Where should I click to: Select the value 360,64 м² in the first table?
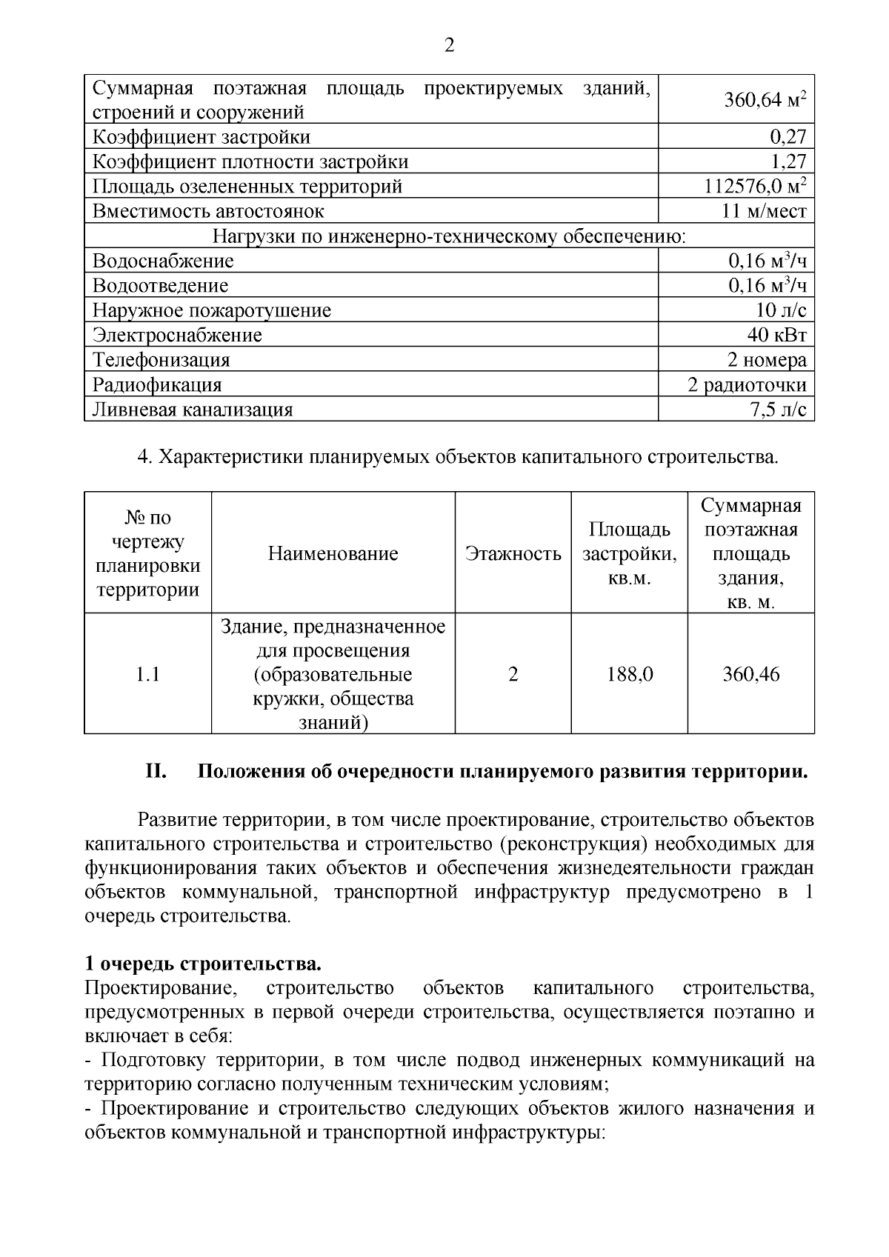pos(765,99)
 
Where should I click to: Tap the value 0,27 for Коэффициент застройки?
pos(788,136)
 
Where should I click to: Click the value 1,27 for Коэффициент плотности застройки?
pos(788,161)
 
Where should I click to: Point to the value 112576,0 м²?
pos(755,186)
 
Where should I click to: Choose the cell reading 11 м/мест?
pos(764,211)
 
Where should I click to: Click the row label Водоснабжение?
pos(163,261)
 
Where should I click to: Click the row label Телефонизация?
pos(161,360)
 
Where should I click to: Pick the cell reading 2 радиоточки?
pos(747,385)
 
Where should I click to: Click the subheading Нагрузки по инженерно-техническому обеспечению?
pos(449,236)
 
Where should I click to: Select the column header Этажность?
pos(513,553)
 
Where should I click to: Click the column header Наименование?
pos(333,553)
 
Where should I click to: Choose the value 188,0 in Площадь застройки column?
pos(629,674)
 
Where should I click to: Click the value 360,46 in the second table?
pos(750,674)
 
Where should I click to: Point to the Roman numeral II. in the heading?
pos(156,772)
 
